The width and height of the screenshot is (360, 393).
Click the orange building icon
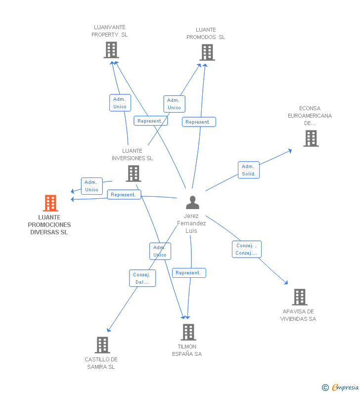click(50, 203)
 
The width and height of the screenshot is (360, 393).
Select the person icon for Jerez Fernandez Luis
click(192, 202)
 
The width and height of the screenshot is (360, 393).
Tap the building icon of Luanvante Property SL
click(111, 50)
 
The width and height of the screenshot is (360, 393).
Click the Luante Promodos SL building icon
click(207, 52)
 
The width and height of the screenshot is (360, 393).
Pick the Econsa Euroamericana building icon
click(311, 138)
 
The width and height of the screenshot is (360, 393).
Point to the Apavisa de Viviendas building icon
click(299, 297)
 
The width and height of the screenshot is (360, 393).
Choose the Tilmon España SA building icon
click(188, 332)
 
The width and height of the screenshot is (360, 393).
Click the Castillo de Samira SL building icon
click(102, 345)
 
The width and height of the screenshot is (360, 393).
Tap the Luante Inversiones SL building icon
click(133, 174)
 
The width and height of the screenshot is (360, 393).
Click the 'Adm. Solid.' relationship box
click(248, 170)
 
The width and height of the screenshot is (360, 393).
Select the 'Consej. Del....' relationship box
click(142, 278)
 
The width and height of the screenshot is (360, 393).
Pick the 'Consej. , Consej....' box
click(246, 249)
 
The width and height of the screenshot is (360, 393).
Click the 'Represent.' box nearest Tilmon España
click(188, 273)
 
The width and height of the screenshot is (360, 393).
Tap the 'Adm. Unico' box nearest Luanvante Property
click(120, 103)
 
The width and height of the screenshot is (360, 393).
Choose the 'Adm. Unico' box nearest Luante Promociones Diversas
click(91, 186)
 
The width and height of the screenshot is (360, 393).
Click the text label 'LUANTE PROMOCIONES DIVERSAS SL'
click(49, 224)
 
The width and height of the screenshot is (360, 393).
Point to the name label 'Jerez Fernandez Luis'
click(191, 223)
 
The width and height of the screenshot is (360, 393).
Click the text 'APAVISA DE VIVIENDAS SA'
click(298, 315)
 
